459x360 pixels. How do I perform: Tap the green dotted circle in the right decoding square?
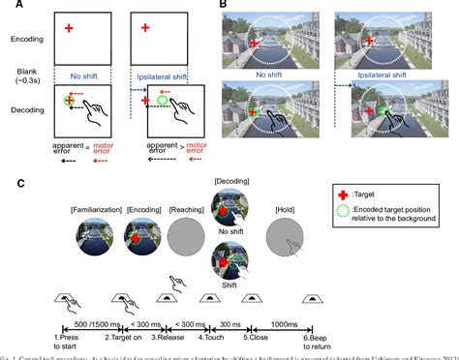click(x=164, y=99)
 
